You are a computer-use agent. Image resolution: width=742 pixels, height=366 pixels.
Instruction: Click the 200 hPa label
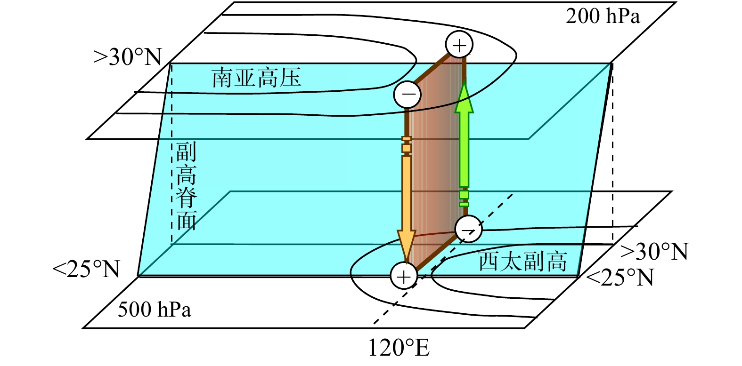pyautogui.click(x=603, y=16)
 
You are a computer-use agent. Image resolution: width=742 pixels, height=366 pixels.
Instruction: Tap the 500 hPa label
pyautogui.click(x=155, y=310)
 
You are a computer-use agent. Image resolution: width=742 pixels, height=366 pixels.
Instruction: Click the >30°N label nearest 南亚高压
pyautogui.click(x=128, y=57)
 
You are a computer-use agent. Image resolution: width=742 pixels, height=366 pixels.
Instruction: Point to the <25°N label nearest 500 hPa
pyautogui.click(x=87, y=270)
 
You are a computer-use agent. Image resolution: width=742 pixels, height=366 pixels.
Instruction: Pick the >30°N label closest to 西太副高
pyautogui.click(x=654, y=252)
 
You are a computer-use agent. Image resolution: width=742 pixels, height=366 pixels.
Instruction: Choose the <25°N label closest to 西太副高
pyautogui.click(x=620, y=278)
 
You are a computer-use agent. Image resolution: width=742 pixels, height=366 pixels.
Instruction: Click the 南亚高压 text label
pyautogui.click(x=256, y=78)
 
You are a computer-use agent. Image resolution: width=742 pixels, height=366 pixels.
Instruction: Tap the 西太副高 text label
pyautogui.click(x=523, y=261)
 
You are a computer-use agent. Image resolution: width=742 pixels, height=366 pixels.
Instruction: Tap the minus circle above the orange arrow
pyautogui.click(x=408, y=95)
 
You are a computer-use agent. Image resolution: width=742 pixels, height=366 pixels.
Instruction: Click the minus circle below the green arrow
pyautogui.click(x=468, y=230)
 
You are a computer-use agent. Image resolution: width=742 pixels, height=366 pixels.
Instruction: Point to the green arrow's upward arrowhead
pyautogui.click(x=464, y=99)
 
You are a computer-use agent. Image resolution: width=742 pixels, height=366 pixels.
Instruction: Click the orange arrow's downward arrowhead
pyautogui.click(x=406, y=245)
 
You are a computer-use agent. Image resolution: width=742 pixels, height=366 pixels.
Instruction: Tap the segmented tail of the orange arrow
pyautogui.click(x=406, y=145)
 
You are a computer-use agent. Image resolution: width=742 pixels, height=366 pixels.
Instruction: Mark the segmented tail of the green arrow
pyautogui.click(x=464, y=198)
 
